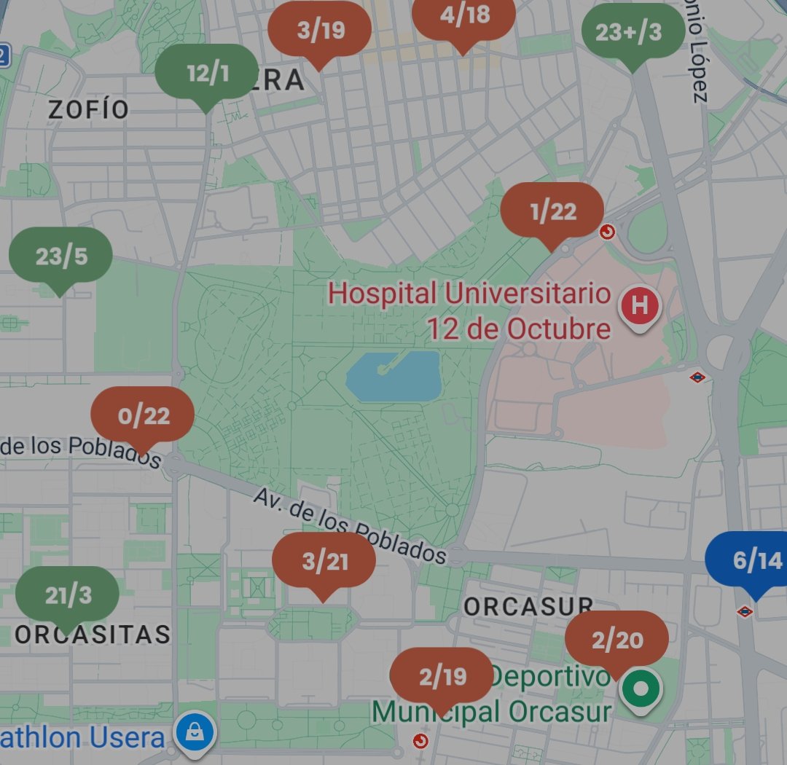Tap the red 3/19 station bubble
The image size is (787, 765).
319,31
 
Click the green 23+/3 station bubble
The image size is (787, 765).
633,33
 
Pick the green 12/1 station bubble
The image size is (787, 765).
207,74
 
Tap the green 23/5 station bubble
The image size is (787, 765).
60,256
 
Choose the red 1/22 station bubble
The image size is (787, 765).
552,211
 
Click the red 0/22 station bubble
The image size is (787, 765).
143,416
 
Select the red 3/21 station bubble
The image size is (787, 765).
324,562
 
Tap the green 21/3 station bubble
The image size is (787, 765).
68,595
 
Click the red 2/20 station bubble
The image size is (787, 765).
616,640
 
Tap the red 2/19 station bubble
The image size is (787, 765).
442,677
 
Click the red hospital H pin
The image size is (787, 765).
639,306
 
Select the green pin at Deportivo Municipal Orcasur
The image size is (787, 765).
641,688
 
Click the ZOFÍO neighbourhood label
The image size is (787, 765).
88,110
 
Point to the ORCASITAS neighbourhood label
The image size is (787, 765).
93,635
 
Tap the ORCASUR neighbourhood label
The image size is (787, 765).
529,607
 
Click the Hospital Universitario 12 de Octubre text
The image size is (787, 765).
470,312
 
